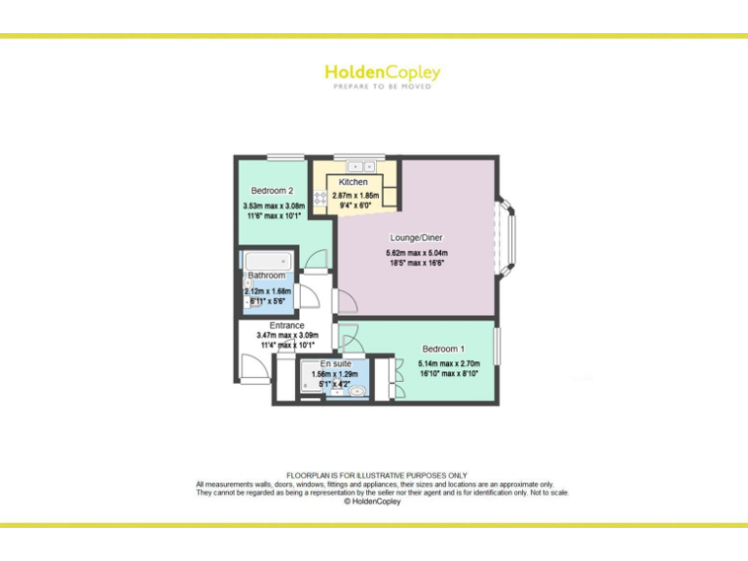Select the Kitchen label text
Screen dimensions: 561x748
click(353, 183)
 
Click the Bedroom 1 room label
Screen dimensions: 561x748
click(443, 349)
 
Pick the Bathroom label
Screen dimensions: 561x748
click(266, 276)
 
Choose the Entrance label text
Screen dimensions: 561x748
click(286, 325)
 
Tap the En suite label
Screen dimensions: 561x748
click(335, 363)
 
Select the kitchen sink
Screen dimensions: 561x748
click(355, 167)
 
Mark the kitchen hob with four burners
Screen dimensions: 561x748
click(320, 198)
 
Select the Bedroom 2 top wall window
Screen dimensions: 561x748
click(283, 157)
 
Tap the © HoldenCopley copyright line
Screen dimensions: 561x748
click(373, 502)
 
